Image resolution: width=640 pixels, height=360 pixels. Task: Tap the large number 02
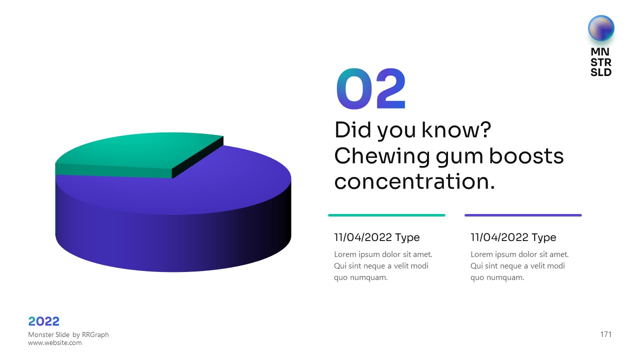371,88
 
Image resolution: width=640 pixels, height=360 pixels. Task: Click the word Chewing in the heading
381,157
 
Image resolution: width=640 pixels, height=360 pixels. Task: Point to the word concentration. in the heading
414,181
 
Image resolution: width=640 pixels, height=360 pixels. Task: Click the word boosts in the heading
526,156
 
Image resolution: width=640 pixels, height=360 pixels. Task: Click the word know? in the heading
456,129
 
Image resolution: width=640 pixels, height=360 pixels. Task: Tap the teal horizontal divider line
386,215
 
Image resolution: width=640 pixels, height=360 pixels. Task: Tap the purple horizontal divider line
523,215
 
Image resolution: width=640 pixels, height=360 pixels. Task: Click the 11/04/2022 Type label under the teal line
377,237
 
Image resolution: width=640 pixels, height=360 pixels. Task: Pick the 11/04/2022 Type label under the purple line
513,237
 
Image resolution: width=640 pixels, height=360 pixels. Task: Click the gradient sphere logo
601,28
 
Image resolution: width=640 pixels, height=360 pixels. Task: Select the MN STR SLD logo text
601,62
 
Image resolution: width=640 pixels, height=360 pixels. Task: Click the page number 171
605,334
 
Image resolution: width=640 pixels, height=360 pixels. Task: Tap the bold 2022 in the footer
43,321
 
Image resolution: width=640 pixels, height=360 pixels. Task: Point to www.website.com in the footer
55,342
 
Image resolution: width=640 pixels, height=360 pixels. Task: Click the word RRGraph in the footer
95,334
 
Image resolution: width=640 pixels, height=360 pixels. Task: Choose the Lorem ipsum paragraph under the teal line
383,266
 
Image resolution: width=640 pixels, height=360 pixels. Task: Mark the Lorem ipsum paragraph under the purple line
519,266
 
